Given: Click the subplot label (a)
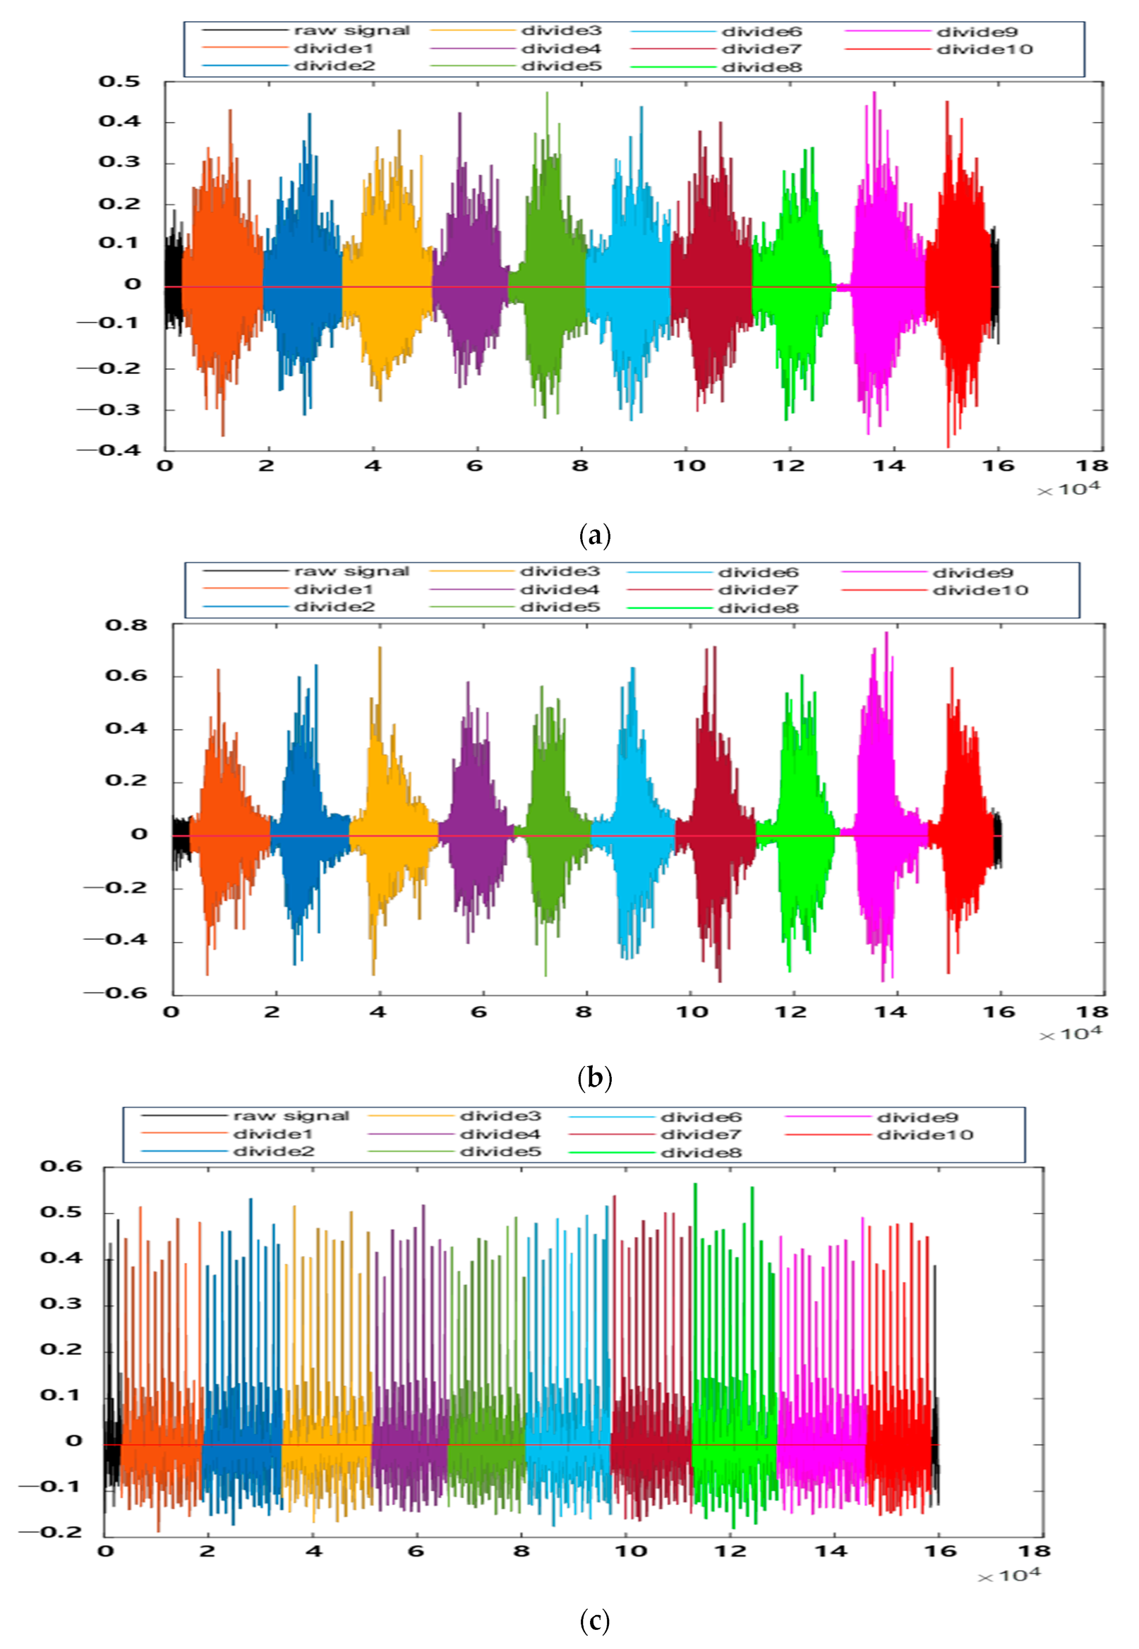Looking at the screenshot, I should click(594, 535).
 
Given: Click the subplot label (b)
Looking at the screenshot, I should click(594, 1077).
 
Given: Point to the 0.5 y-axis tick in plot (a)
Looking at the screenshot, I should click(119, 81).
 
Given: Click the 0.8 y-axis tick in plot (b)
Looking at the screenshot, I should click(126, 625).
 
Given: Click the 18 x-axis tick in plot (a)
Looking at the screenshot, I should click(1091, 466).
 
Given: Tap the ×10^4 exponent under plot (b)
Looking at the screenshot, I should click(1070, 1034).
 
